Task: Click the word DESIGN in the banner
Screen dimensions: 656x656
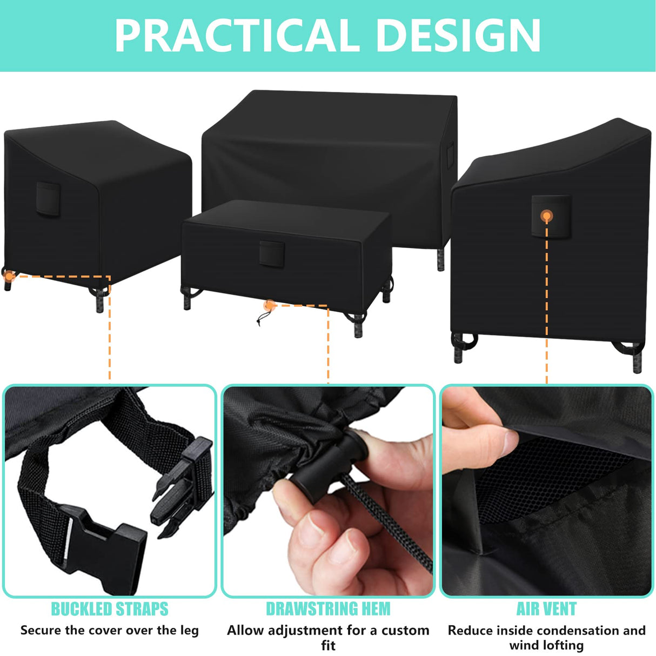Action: (x=458, y=36)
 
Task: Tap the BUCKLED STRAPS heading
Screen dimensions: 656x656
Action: (x=110, y=609)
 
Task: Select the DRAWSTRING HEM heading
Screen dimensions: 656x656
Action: (x=328, y=609)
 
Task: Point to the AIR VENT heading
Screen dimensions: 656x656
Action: (x=546, y=609)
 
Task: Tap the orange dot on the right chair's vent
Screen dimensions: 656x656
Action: (x=547, y=216)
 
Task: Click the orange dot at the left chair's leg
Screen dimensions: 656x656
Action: (x=9, y=276)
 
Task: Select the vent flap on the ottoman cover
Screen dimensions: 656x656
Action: (x=272, y=253)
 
